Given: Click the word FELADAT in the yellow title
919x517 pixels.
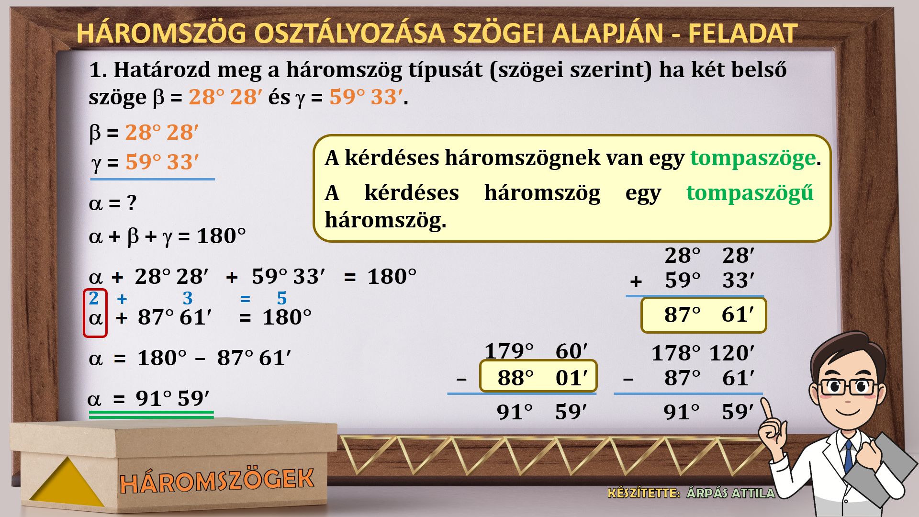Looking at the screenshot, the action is pos(742,33).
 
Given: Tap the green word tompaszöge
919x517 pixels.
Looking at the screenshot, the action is pos(752,157).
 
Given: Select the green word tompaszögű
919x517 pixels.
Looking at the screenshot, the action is pos(750,192).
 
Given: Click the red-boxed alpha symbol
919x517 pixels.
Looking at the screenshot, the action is pos(95,317).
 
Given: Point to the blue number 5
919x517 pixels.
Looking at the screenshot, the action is pos(282,298).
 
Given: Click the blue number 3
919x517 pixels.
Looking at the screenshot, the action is pos(188,298).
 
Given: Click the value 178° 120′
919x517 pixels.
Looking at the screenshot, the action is pos(703,353).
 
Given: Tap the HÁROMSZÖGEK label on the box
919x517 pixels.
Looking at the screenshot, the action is pos(217,481).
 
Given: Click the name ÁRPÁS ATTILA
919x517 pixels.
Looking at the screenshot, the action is pos(730,493).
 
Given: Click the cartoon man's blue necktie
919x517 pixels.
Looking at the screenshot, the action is pos(848,455).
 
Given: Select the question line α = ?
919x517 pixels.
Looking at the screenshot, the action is pos(113,203).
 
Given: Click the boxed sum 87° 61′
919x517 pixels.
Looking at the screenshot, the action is pos(704,315).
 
